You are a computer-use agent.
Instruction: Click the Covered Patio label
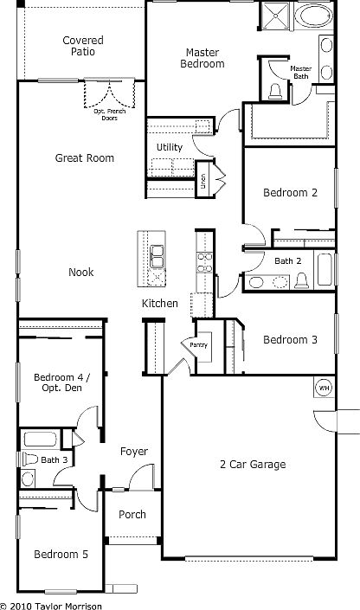tap(83, 46)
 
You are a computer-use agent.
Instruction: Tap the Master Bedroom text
tap(202, 58)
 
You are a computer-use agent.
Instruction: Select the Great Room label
tap(84, 158)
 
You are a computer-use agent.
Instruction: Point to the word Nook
tap(81, 273)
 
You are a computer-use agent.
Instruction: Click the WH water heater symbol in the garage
tap(325, 387)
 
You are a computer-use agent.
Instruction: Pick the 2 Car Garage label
tap(253, 465)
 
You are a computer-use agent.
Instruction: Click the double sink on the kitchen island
tap(157, 257)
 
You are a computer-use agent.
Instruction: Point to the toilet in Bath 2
tap(302, 279)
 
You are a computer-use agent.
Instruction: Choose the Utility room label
tap(169, 147)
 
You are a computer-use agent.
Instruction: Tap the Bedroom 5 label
tap(61, 555)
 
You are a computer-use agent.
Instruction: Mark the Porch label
tap(132, 515)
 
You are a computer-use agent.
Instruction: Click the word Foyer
tap(133, 452)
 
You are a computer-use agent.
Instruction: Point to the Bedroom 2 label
tap(290, 194)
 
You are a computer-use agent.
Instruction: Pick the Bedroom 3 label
tap(290, 340)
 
